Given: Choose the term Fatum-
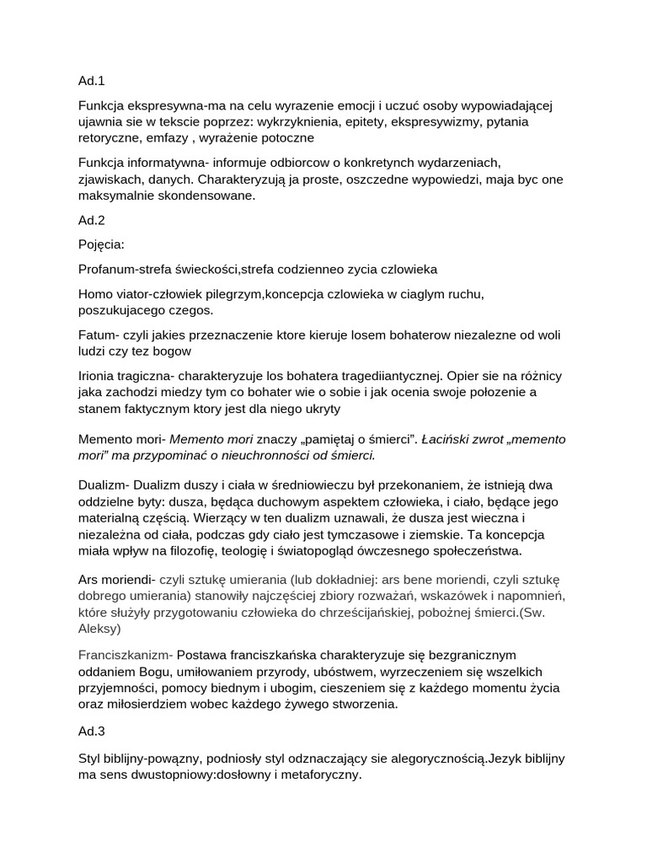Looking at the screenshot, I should pyautogui.click(x=97, y=335).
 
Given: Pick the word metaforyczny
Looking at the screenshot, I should pyautogui.click(x=318, y=775).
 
